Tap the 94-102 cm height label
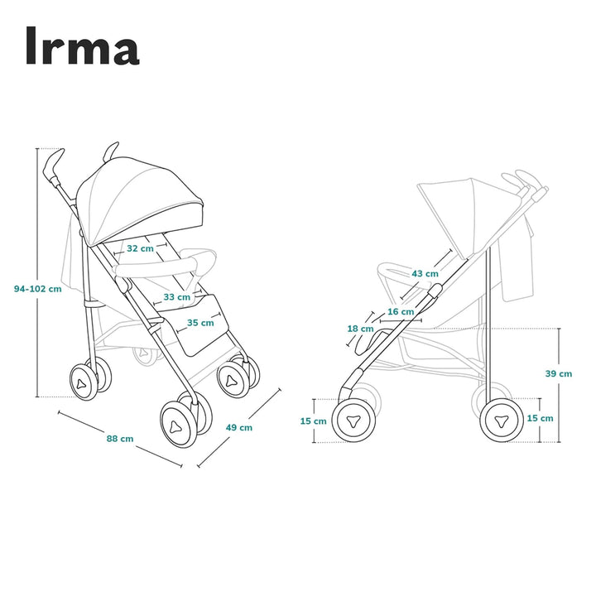click(38, 289)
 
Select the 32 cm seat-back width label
click(139, 248)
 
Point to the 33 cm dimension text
click(176, 296)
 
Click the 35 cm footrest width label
click(199, 323)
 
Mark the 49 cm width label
click(239, 427)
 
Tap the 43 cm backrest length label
click(425, 273)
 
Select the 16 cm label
click(400, 311)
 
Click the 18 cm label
click(360, 329)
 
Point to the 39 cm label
click(558, 373)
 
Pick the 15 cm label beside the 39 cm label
click(540, 418)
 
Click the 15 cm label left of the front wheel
click(313, 421)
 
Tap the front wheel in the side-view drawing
click(353, 419)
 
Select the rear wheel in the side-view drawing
click(502, 421)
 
